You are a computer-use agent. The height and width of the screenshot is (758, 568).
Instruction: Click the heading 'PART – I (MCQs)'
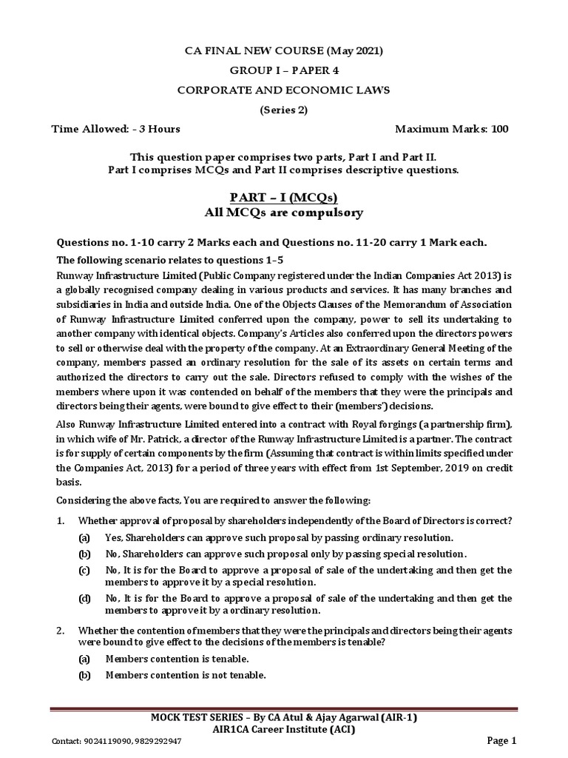[x=285, y=198]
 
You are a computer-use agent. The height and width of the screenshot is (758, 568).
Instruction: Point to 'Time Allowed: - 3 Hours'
[x=115, y=129]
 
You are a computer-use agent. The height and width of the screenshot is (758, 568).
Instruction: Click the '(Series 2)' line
[x=284, y=110]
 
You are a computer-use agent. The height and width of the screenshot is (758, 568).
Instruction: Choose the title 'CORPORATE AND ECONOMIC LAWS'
[x=284, y=90]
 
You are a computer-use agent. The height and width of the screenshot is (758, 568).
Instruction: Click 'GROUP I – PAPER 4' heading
[x=284, y=70]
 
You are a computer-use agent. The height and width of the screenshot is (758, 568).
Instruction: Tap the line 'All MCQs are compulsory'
[x=285, y=213]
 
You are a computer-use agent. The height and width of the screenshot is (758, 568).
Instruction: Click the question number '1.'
[x=61, y=521]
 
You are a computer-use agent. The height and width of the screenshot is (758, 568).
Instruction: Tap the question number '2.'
[x=61, y=631]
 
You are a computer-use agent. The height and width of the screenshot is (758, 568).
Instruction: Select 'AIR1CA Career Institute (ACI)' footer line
[x=284, y=729]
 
